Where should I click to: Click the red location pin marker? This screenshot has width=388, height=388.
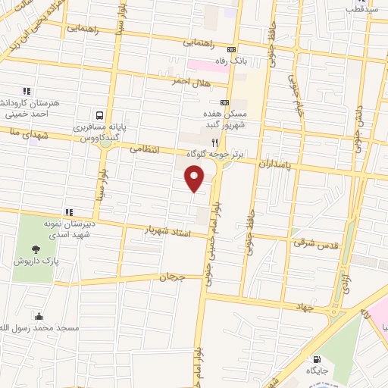195,179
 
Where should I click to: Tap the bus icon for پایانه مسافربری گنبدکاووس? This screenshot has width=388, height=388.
99,116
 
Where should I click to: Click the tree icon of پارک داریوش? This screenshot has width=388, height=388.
36,248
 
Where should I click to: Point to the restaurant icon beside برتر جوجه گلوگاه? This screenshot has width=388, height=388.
214,142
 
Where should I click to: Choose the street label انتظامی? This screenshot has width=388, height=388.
145,149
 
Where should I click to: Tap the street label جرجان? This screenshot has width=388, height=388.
171,277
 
